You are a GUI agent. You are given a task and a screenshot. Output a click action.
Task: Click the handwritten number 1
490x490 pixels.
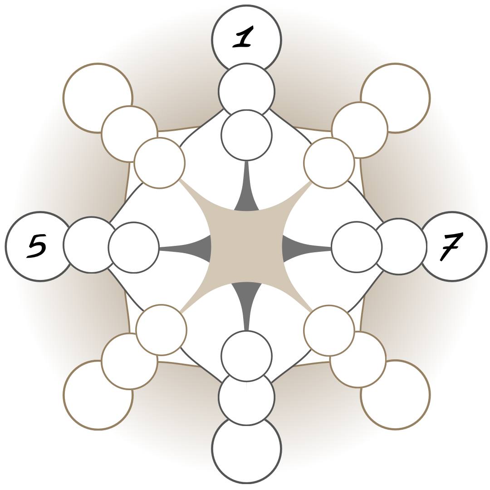point(244,37)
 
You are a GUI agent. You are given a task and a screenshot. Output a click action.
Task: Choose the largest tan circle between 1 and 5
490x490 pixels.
point(96,96)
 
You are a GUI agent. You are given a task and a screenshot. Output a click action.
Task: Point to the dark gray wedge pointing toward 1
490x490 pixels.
point(246,200)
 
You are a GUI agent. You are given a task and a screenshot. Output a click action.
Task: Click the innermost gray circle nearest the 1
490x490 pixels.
point(246,135)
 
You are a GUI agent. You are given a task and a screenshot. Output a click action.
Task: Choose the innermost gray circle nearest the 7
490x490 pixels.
point(357,247)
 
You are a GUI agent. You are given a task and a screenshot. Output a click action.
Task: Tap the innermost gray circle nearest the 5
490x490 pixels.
point(134,248)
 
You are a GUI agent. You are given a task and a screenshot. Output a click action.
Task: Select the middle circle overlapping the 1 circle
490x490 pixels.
point(246,88)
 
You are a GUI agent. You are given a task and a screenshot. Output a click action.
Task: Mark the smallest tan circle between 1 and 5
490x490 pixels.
point(160,163)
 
